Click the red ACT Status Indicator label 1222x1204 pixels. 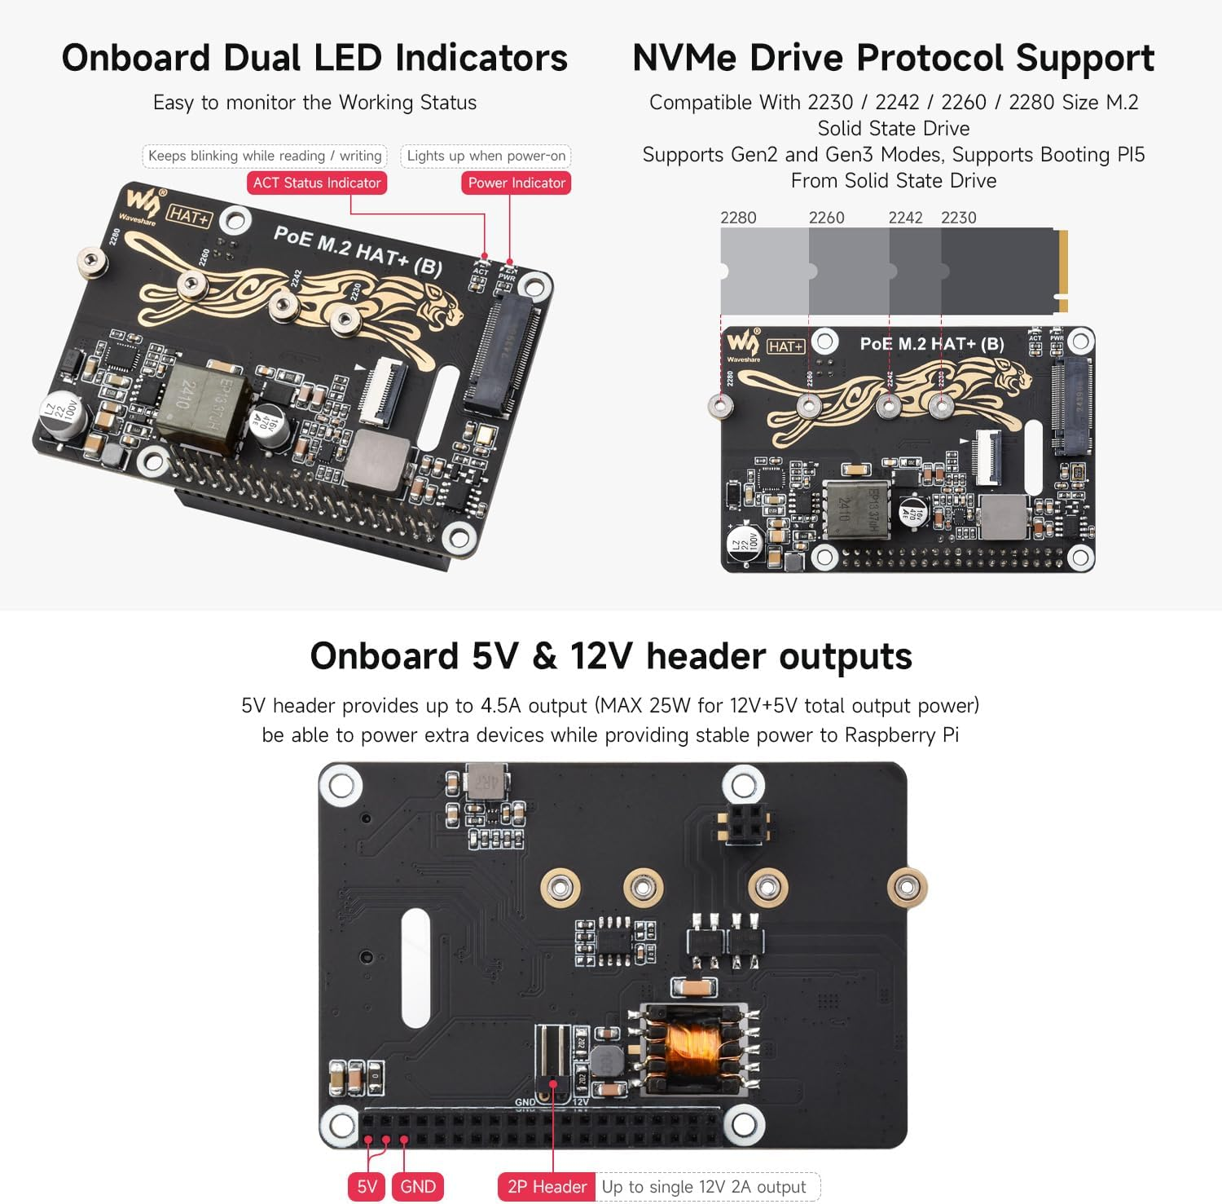[x=316, y=183]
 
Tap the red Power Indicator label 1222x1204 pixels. [x=516, y=183]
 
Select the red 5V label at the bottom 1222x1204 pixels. [x=367, y=1186]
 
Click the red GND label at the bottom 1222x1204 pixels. [x=418, y=1186]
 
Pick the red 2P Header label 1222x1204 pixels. [x=547, y=1186]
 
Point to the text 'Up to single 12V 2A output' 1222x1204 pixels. [x=704, y=1186]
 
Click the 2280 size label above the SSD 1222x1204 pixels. [x=738, y=218]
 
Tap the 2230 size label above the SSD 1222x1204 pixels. [x=958, y=218]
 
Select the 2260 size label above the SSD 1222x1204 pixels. [x=826, y=218]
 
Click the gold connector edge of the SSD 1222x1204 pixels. [x=1062, y=271]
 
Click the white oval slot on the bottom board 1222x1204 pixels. [x=415, y=968]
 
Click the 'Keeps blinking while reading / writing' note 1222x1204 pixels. [x=265, y=156]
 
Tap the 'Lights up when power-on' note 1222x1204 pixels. [x=486, y=156]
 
